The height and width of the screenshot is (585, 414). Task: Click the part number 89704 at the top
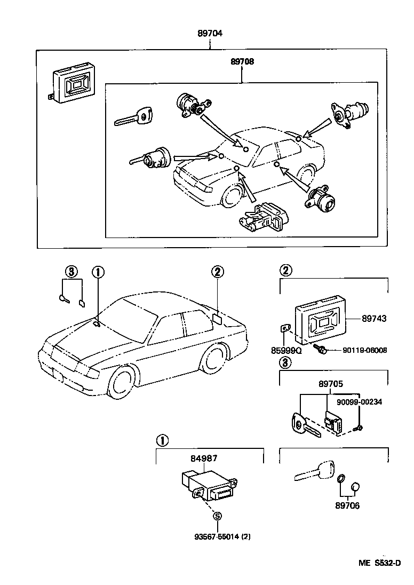click(210, 33)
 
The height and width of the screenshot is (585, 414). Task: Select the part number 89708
click(242, 61)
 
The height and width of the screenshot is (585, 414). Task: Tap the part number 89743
click(374, 318)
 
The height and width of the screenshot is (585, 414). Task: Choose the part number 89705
click(331, 383)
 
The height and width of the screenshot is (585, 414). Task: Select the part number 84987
click(204, 458)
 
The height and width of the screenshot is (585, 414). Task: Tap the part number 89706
click(347, 505)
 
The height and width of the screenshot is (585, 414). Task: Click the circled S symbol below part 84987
click(217, 516)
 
